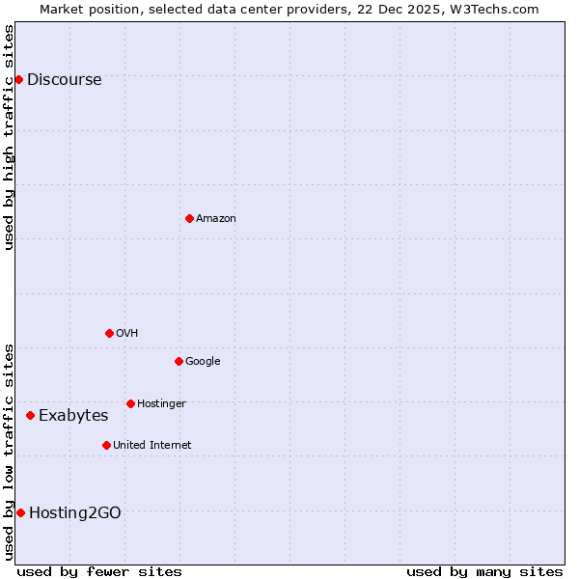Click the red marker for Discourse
point(18,79)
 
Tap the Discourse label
point(64,80)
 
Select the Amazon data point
point(189,218)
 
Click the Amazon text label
point(216,219)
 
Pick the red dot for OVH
point(109,333)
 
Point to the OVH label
point(126,334)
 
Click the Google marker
point(179,361)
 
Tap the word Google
point(203,362)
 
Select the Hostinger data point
point(130,403)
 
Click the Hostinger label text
point(161,404)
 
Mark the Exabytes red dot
point(31,415)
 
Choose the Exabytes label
point(73,416)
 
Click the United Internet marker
point(106,445)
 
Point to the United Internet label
point(152,446)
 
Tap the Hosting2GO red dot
point(20,512)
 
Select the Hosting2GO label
point(75,513)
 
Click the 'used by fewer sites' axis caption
point(99,571)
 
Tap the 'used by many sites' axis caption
point(484,571)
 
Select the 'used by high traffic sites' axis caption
point(10,137)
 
